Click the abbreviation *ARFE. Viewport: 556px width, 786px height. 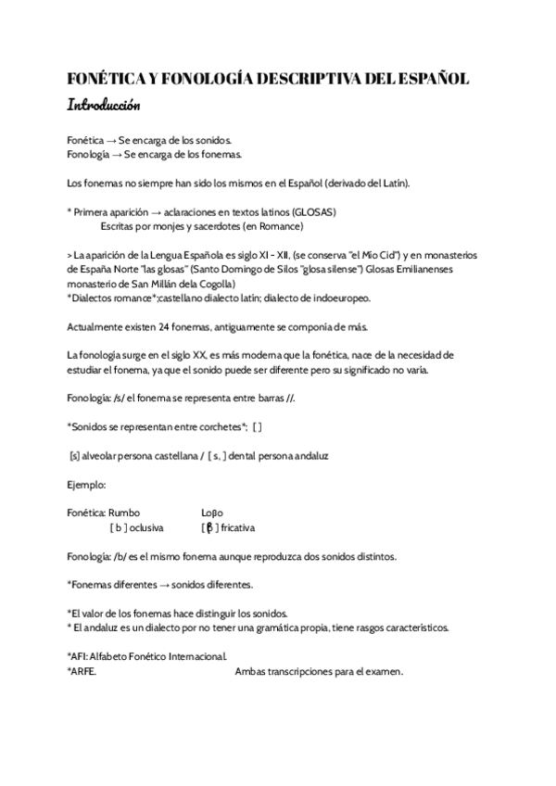(x=82, y=671)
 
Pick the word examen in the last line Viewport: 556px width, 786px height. (x=384, y=671)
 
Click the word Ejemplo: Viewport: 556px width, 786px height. (x=87, y=484)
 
